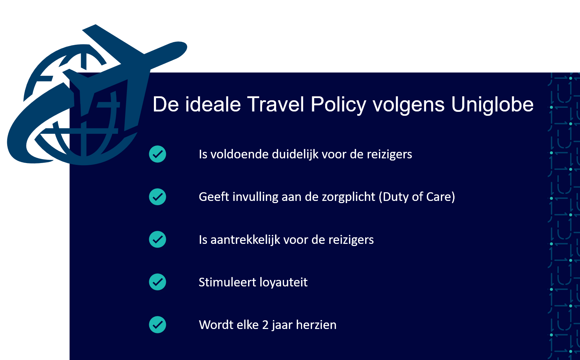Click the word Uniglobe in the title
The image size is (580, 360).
click(492, 105)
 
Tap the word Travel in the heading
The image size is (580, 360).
click(275, 105)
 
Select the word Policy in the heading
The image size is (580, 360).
click(338, 105)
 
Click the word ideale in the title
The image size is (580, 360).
click(213, 105)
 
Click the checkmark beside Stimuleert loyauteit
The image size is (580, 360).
click(158, 282)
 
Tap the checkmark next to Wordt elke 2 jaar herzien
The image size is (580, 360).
click(158, 325)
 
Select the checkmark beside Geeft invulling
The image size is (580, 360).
click(158, 197)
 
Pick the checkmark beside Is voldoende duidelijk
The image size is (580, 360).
click(158, 154)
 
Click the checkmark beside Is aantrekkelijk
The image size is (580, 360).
click(158, 239)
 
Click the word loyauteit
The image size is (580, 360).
click(284, 282)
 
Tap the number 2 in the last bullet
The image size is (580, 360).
click(265, 325)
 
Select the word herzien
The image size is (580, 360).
click(316, 325)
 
